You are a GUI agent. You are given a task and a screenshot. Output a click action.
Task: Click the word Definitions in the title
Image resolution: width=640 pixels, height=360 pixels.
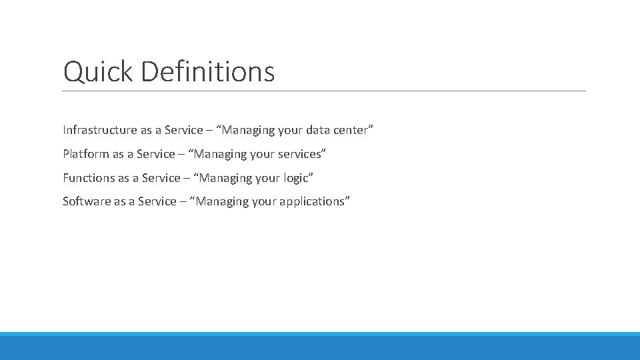[x=207, y=72]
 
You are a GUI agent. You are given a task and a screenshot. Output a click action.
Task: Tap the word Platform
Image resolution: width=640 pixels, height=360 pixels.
[x=86, y=154]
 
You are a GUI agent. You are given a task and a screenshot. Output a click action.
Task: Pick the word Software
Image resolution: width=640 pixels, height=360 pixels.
[x=87, y=201]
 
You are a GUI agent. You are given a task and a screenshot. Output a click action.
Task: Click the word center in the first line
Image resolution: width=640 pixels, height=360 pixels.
[x=349, y=130]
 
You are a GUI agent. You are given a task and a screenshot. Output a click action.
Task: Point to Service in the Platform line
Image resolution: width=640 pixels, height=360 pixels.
[x=156, y=154]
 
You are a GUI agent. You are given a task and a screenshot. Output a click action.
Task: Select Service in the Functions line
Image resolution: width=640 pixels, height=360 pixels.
[x=161, y=178]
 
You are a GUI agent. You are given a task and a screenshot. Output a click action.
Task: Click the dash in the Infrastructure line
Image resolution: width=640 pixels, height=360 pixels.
[x=211, y=130]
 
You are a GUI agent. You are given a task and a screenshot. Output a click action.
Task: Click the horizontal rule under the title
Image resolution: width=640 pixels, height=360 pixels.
[x=324, y=91]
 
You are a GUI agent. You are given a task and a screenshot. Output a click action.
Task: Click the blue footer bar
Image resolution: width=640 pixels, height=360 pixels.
[x=320, y=347]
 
